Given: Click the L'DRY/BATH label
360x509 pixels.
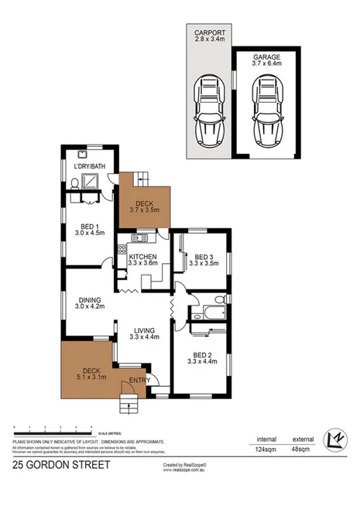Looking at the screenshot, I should (89, 166).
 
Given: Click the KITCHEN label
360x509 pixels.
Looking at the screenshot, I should (143, 257).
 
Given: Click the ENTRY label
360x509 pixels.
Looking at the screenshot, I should (139, 380).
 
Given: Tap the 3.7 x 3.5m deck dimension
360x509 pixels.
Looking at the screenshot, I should (143, 210).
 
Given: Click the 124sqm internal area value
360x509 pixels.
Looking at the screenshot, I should (266, 448).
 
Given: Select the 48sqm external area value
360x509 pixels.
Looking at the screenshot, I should (301, 448).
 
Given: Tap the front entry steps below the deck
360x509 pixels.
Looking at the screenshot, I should (128, 402).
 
